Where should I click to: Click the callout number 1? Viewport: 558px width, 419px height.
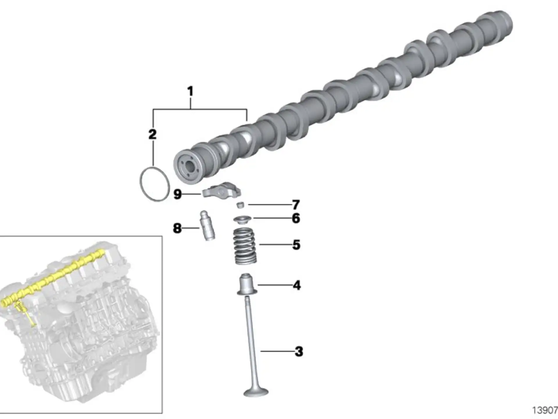pyautogui.click(x=190, y=91)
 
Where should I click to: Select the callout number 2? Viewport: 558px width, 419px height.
pyautogui.click(x=153, y=134)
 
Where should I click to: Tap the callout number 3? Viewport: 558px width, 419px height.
pyautogui.click(x=299, y=351)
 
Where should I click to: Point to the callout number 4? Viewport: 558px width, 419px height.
pyautogui.click(x=297, y=285)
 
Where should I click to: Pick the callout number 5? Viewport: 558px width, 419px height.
pyautogui.click(x=296, y=245)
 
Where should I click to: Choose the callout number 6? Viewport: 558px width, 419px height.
pyautogui.click(x=296, y=218)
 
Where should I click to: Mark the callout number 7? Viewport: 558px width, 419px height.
pyautogui.click(x=296, y=205)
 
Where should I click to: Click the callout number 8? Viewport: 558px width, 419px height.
pyautogui.click(x=177, y=228)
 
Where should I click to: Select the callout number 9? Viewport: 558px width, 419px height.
pyautogui.click(x=178, y=194)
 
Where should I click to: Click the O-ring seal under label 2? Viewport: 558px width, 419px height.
pyautogui.click(x=140, y=183)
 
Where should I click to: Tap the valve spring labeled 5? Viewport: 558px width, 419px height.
pyautogui.click(x=245, y=246)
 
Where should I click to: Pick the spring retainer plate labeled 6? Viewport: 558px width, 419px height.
pyautogui.click(x=242, y=219)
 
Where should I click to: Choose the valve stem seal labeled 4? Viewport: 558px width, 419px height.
pyautogui.click(x=247, y=284)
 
